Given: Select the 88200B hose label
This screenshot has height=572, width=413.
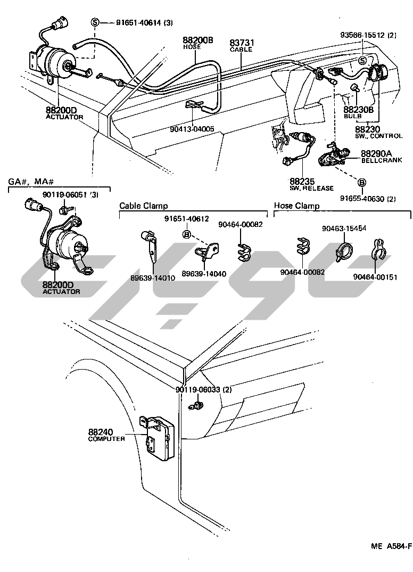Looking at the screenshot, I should click(x=198, y=40).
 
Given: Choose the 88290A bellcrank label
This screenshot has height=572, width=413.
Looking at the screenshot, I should click(x=376, y=152).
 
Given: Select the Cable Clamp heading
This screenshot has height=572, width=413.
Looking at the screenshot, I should click(x=143, y=206).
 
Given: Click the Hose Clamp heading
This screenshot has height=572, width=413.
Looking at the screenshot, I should click(x=296, y=206).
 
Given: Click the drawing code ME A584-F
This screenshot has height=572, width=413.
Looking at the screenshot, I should click(x=390, y=546).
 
